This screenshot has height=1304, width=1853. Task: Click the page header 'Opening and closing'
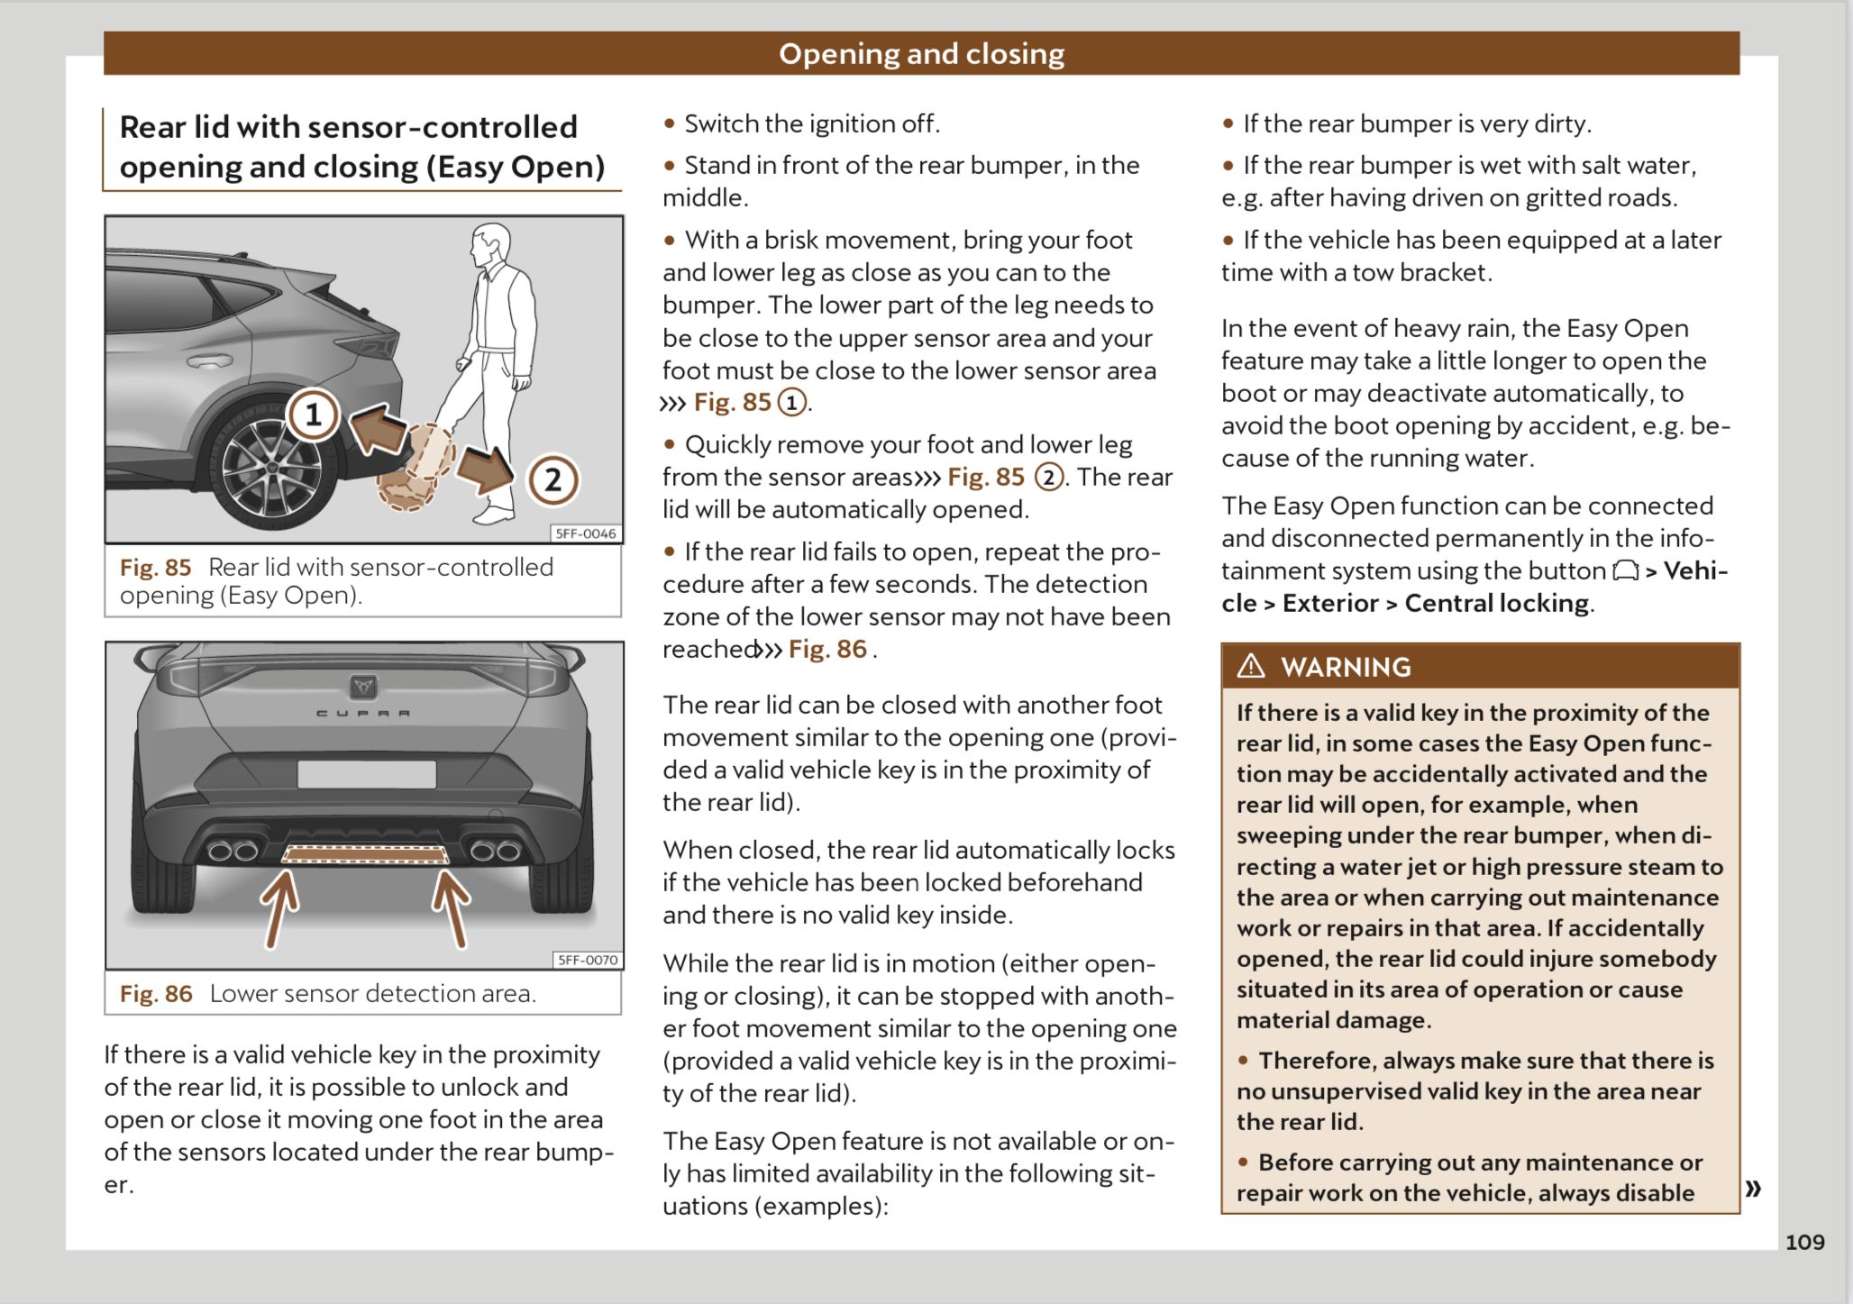(921, 54)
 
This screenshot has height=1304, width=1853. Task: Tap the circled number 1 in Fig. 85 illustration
(313, 415)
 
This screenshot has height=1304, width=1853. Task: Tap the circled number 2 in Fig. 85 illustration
(552, 479)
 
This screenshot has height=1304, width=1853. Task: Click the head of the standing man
(492, 244)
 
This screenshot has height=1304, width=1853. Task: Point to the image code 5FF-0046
(586, 533)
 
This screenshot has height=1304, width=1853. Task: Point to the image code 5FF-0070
(588, 960)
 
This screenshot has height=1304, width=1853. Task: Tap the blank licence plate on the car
(366, 774)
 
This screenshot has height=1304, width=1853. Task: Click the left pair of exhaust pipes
(233, 851)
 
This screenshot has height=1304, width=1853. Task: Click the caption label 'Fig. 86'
(156, 994)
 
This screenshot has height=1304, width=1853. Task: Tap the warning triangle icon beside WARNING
(1251, 666)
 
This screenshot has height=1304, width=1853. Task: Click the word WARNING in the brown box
(1346, 667)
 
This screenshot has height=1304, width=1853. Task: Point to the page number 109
(1804, 1242)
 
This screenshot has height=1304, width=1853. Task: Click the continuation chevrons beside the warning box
(1753, 1188)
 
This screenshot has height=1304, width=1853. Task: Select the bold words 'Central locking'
(1496, 603)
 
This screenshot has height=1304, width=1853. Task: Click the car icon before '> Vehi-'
(1625, 570)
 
